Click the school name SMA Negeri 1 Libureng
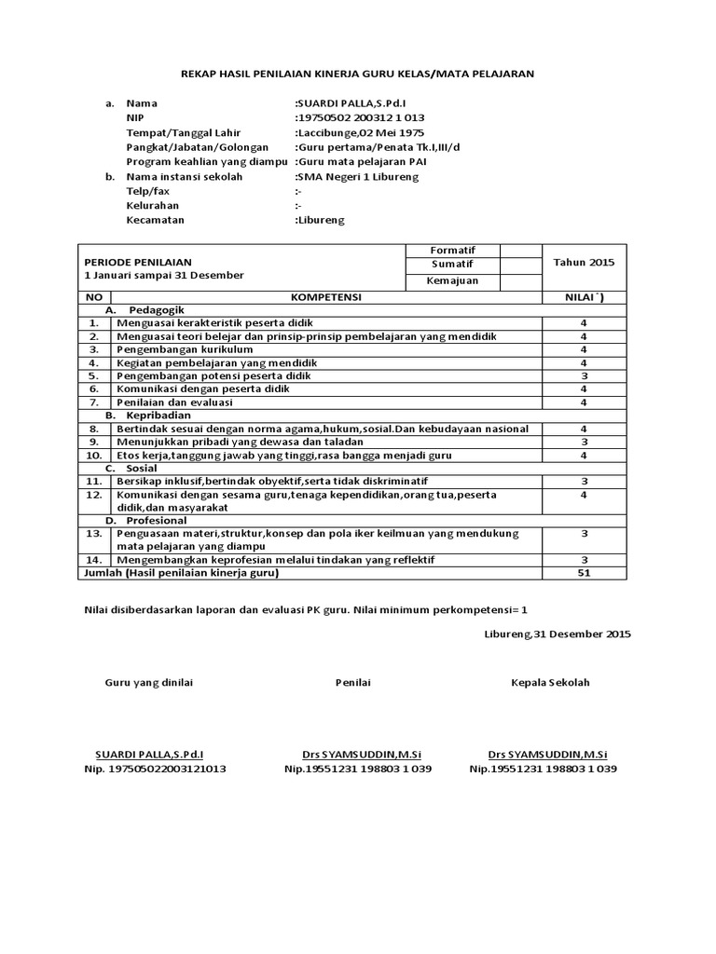[x=356, y=176]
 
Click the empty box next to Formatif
[x=521, y=251]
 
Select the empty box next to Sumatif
[x=521, y=266]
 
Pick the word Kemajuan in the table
[x=451, y=281]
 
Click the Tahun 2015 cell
[x=585, y=263]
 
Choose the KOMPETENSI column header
[x=325, y=296]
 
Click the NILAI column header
[x=585, y=296]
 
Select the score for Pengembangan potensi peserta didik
[x=585, y=375]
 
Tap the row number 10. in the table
[x=94, y=455]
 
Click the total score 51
[x=585, y=573]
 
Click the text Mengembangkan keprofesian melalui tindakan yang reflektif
[x=275, y=559]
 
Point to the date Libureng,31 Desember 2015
[x=558, y=634]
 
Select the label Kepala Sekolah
[x=550, y=683]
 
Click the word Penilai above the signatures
[x=353, y=683]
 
